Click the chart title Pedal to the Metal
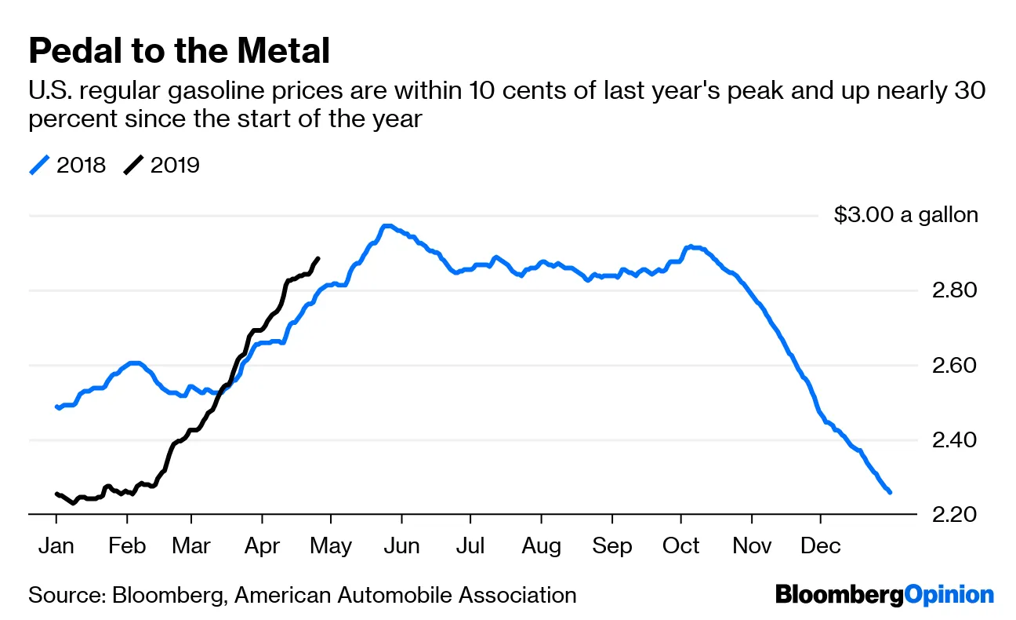(x=179, y=51)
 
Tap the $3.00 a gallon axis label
(x=906, y=215)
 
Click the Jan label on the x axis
(x=56, y=545)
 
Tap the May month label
(x=331, y=545)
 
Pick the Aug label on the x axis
(x=541, y=545)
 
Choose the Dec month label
(x=821, y=545)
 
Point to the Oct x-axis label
(x=680, y=545)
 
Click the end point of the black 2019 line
(x=317, y=258)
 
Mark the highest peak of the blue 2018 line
(x=386, y=226)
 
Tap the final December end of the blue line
(x=890, y=492)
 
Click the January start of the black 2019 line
(x=56, y=494)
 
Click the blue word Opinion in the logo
(x=949, y=595)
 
